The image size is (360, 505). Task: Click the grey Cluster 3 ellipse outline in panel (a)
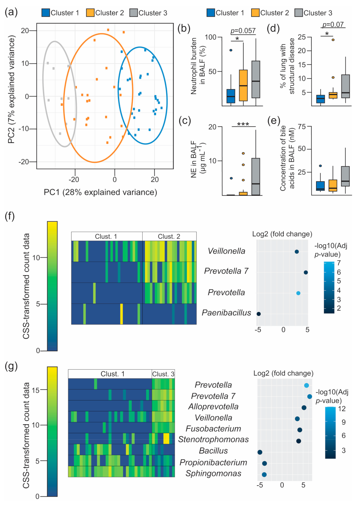point(43,79)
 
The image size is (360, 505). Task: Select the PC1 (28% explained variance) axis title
point(100,192)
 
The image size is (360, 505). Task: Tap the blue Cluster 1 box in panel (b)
point(231,96)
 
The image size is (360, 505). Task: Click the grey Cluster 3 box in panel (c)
point(256,176)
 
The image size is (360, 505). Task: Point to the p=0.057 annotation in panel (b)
point(243,31)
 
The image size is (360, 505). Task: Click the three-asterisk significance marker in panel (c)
point(243,124)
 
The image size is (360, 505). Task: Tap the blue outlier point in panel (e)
point(320,166)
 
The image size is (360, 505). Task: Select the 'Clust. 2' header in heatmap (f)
point(169,237)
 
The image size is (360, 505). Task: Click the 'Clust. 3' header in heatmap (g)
point(163,374)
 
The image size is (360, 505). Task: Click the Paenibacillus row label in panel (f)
point(227,313)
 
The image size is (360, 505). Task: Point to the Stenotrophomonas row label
point(214,440)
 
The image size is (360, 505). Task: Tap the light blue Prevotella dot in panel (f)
point(298,293)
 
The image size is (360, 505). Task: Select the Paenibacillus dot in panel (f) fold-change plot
point(259,314)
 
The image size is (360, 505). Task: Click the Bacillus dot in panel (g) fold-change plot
point(260,452)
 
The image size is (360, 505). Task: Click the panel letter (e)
point(274,121)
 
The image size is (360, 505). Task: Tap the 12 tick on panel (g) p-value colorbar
point(342,409)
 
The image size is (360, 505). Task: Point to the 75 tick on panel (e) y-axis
point(302,127)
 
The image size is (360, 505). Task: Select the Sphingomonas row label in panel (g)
point(214,474)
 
